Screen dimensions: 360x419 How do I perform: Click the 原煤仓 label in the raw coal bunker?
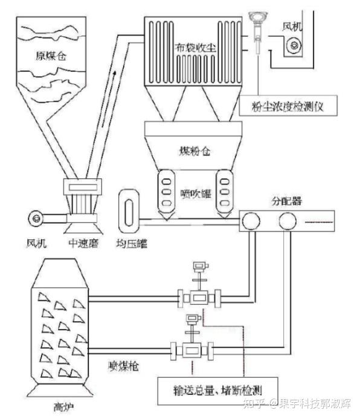click(x=51, y=56)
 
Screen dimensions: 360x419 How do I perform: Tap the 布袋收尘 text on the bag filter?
click(x=195, y=48)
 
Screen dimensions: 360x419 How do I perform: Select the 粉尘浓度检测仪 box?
click(x=288, y=106)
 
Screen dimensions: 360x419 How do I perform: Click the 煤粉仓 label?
click(x=194, y=151)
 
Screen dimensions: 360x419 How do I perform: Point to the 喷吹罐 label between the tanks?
click(x=196, y=193)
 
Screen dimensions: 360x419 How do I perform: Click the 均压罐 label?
click(x=132, y=244)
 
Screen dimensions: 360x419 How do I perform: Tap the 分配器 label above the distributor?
click(x=287, y=201)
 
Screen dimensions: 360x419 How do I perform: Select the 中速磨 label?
click(x=83, y=243)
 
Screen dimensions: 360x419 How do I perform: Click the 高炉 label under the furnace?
click(x=63, y=407)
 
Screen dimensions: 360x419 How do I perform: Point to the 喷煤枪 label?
click(x=124, y=366)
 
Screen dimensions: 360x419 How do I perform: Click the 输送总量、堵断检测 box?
click(x=217, y=391)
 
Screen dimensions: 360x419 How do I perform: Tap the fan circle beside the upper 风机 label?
click(x=294, y=46)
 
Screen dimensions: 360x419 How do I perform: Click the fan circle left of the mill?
click(x=36, y=219)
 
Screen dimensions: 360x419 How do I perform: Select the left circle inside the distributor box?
click(x=251, y=221)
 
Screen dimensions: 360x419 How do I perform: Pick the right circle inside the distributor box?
click(x=288, y=221)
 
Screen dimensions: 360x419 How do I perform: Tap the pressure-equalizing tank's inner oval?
click(x=129, y=212)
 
